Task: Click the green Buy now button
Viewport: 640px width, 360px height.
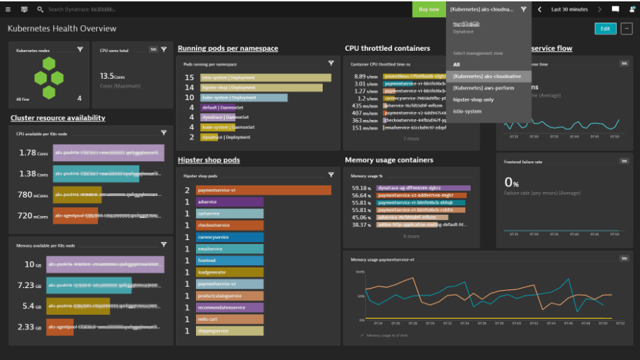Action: pos(429,9)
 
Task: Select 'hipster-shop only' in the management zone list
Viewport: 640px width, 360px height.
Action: pos(473,99)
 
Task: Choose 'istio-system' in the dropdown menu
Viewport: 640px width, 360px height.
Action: pos(467,111)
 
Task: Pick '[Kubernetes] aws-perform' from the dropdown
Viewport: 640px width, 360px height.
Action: pos(483,88)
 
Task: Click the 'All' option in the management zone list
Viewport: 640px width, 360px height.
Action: pos(456,64)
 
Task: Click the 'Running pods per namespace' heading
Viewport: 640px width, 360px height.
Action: pos(227,49)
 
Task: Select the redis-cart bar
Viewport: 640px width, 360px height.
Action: pos(229,320)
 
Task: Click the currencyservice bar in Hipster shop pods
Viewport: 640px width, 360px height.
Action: pos(230,237)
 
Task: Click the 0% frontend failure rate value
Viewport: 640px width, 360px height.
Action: pos(511,182)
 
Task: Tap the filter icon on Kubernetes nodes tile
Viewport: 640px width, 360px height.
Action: pos(80,49)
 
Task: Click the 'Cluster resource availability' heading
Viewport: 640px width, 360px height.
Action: pos(58,118)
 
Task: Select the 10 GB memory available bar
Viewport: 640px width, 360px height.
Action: pos(106,265)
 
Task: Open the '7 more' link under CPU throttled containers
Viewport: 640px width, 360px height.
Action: pos(411,139)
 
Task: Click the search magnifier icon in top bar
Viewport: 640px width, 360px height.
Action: pos(40,10)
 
